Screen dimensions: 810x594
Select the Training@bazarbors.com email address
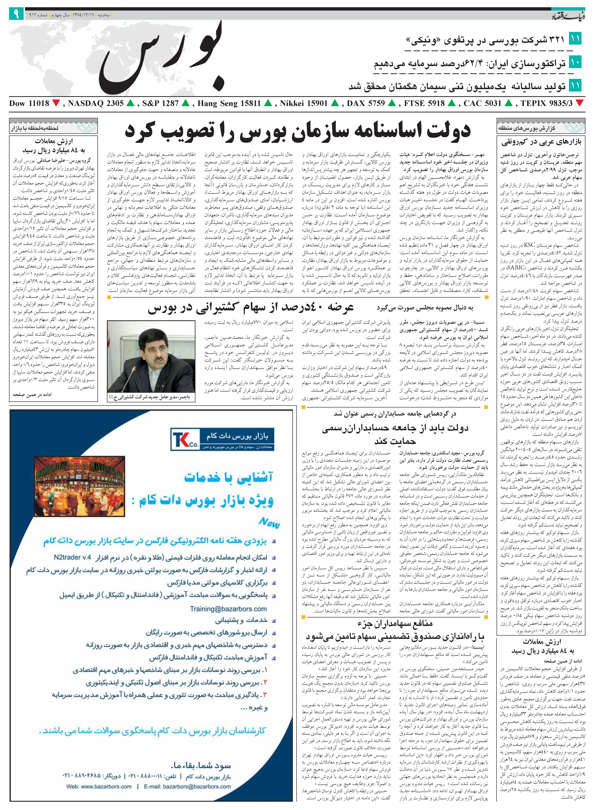coord(228,609)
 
